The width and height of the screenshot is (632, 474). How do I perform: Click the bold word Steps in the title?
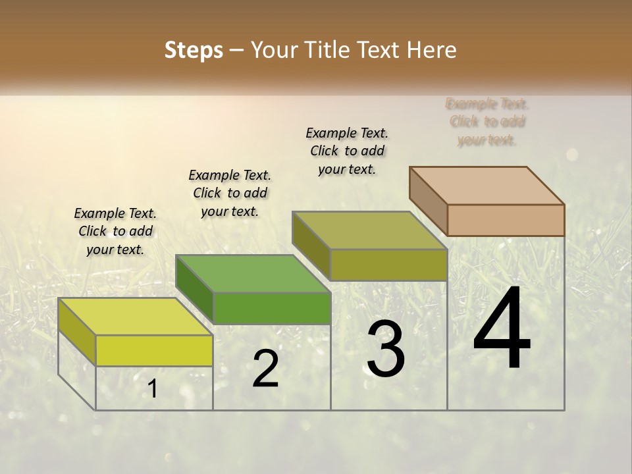(x=194, y=50)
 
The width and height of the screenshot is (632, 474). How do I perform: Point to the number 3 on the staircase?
(x=386, y=349)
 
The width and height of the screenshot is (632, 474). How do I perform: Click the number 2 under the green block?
(x=265, y=369)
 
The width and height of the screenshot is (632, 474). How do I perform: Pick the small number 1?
(x=153, y=389)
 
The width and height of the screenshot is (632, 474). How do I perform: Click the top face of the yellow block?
(x=135, y=316)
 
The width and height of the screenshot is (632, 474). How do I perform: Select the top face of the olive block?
(x=369, y=230)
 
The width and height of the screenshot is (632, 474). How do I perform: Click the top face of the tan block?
(x=487, y=185)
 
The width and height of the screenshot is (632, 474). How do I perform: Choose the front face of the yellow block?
(x=154, y=350)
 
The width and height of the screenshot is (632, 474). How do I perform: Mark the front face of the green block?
(x=272, y=308)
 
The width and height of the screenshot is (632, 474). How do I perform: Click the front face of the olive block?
(x=388, y=265)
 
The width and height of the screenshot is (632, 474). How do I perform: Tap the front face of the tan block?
(x=506, y=220)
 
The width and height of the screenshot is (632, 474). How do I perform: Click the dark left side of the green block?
(x=195, y=290)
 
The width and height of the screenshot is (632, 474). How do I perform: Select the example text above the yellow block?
(x=115, y=231)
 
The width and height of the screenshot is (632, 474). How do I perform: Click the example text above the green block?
(x=230, y=193)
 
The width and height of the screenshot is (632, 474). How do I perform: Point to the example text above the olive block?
(x=347, y=151)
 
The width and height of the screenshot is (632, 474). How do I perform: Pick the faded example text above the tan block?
(x=487, y=122)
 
